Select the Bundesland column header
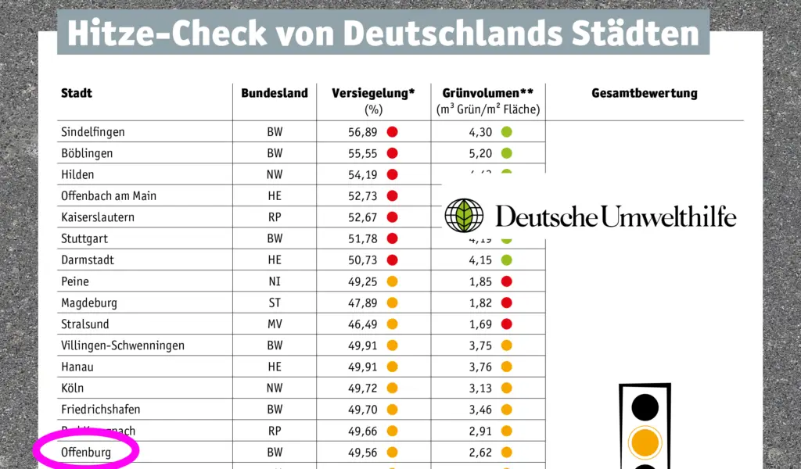(x=274, y=93)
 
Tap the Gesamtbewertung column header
(x=644, y=93)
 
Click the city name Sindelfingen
(x=93, y=132)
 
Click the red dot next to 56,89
(x=392, y=132)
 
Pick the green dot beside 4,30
(x=506, y=132)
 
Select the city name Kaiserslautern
(x=97, y=217)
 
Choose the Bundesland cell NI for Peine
(x=275, y=281)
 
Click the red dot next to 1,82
(x=506, y=303)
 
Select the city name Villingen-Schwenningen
(x=123, y=345)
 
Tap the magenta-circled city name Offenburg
(x=86, y=452)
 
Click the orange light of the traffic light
(x=645, y=443)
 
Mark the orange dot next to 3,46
(x=506, y=409)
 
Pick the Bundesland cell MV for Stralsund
(x=275, y=324)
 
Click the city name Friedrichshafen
(x=101, y=409)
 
